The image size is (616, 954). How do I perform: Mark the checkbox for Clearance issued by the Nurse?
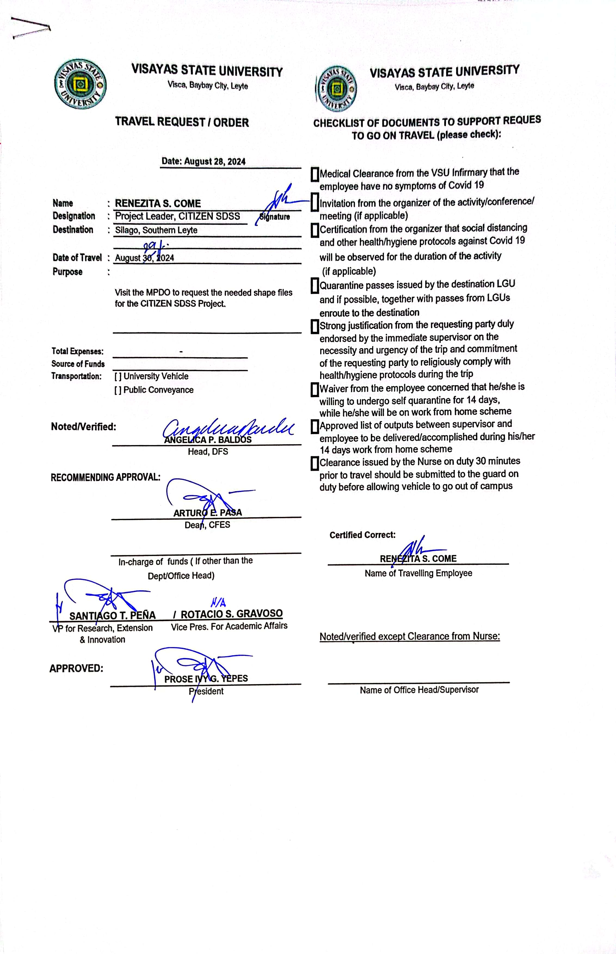[x=315, y=464]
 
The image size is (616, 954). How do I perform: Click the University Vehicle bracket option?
[x=118, y=377]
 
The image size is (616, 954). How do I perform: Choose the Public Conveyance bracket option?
[x=118, y=390]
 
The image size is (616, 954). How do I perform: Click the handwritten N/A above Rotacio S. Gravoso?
[x=218, y=602]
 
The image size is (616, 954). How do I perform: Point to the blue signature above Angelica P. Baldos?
[x=228, y=429]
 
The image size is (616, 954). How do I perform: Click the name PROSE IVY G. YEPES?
[x=206, y=679]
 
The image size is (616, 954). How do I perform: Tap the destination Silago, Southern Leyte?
[x=156, y=231]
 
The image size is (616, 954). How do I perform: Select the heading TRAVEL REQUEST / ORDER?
[x=182, y=123]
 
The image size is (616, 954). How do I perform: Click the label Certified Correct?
[x=362, y=535]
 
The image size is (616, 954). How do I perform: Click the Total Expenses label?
[x=78, y=351]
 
